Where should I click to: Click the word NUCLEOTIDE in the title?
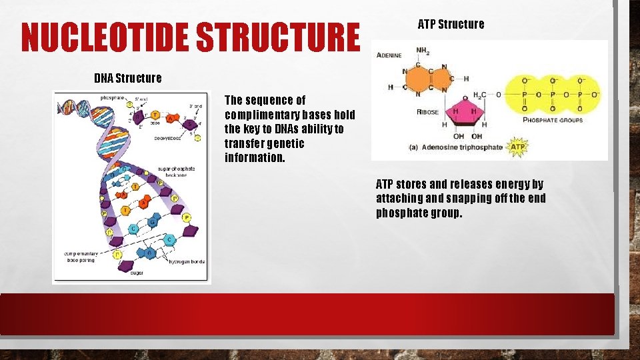107,37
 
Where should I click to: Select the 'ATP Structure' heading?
451,25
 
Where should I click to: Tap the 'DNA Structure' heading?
127,78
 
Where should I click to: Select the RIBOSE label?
427,112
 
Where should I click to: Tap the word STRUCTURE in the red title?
279,37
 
